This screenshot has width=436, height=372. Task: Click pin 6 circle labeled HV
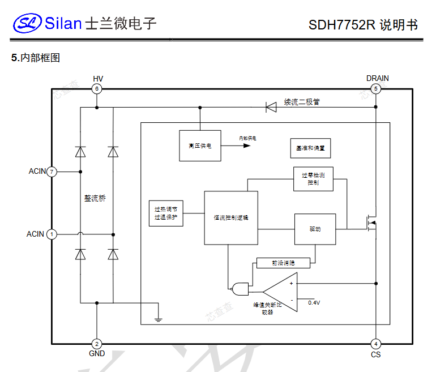click(x=97, y=89)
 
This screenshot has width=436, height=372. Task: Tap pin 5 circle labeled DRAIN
click(x=375, y=89)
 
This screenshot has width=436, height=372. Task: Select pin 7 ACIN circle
click(x=52, y=171)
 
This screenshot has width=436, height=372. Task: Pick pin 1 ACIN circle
click(x=52, y=234)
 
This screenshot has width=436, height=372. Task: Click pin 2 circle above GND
click(x=97, y=344)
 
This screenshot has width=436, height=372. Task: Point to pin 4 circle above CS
click(x=375, y=344)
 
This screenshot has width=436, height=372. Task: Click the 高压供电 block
click(x=200, y=146)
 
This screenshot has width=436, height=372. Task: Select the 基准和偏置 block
click(x=310, y=148)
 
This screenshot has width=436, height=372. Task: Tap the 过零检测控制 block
click(x=313, y=179)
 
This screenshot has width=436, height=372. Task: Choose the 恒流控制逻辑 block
click(x=231, y=217)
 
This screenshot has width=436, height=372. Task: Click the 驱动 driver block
click(x=315, y=229)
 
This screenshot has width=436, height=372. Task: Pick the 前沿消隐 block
click(x=284, y=263)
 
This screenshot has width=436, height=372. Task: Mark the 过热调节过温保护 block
click(x=166, y=213)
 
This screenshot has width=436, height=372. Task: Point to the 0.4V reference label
click(x=314, y=303)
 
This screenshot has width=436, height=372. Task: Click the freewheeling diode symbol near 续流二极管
click(x=271, y=106)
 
